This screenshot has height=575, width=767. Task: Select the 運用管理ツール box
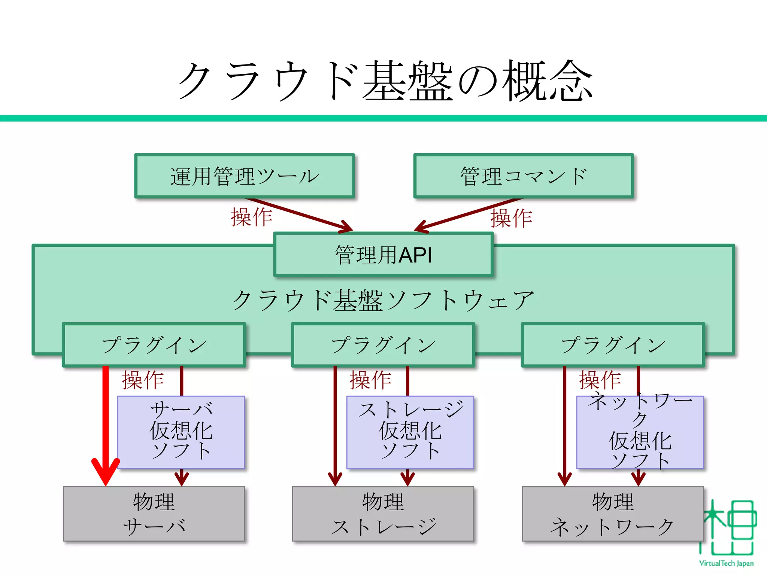click(x=244, y=176)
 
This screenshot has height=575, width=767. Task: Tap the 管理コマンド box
click(x=523, y=176)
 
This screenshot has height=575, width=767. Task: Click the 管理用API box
click(x=383, y=255)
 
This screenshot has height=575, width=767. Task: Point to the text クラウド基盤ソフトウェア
click(x=383, y=300)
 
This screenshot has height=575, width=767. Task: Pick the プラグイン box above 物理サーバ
click(x=154, y=345)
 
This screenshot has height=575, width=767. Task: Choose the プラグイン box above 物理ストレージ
click(x=383, y=345)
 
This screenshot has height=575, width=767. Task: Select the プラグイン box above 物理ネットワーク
click(x=613, y=345)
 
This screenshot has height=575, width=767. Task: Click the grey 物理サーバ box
click(x=154, y=514)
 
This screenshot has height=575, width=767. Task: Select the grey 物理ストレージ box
click(x=383, y=514)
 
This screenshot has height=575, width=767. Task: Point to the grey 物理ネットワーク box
click(x=613, y=514)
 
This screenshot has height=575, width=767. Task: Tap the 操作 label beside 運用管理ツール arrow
click(x=251, y=217)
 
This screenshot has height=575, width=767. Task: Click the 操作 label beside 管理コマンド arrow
click(x=511, y=218)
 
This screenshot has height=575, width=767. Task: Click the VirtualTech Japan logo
click(x=727, y=532)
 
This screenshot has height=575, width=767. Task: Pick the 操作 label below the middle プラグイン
click(x=370, y=380)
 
